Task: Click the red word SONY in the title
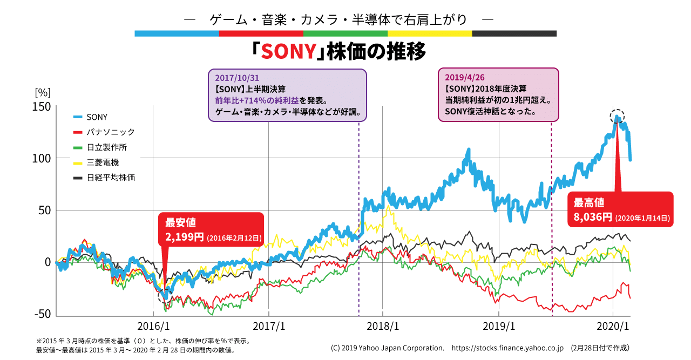click(x=288, y=51)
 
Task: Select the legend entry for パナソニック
click(x=110, y=132)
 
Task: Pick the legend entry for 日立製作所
click(x=106, y=147)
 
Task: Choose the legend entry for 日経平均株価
click(x=110, y=177)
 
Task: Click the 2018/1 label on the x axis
click(x=383, y=327)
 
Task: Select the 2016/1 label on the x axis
click(x=153, y=327)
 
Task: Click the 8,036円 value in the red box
click(x=593, y=218)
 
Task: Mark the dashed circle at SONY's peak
click(x=618, y=116)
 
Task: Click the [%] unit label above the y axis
click(x=42, y=92)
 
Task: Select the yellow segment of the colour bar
click(x=430, y=33)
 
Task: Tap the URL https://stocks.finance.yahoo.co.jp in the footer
click(x=507, y=348)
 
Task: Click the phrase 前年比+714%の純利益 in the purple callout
click(x=257, y=101)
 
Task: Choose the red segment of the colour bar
click(x=261, y=33)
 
